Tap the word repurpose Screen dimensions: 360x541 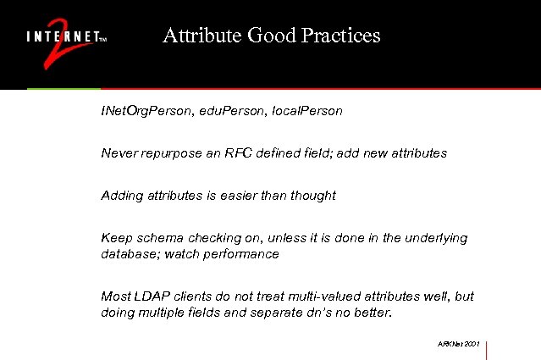click(177, 153)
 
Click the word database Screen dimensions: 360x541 click(128, 254)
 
